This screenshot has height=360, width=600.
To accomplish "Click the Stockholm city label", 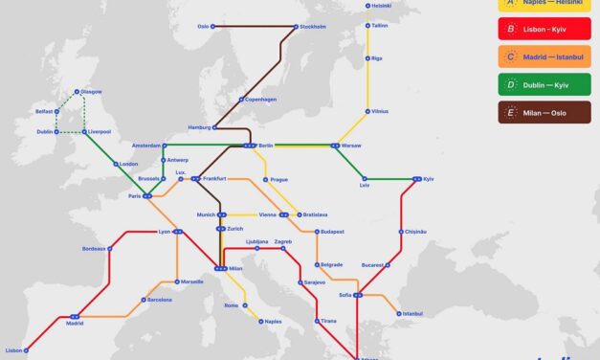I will [313, 26].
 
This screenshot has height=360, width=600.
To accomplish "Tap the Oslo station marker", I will [212, 26].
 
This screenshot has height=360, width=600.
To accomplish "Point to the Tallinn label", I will [380, 26].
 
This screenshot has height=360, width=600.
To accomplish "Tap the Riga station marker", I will [367, 58].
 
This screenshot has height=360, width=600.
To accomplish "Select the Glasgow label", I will [92, 91].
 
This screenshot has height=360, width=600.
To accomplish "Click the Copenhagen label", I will [258, 99].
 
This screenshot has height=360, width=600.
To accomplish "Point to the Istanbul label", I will [412, 313].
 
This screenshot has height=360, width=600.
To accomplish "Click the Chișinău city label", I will [414, 231].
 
